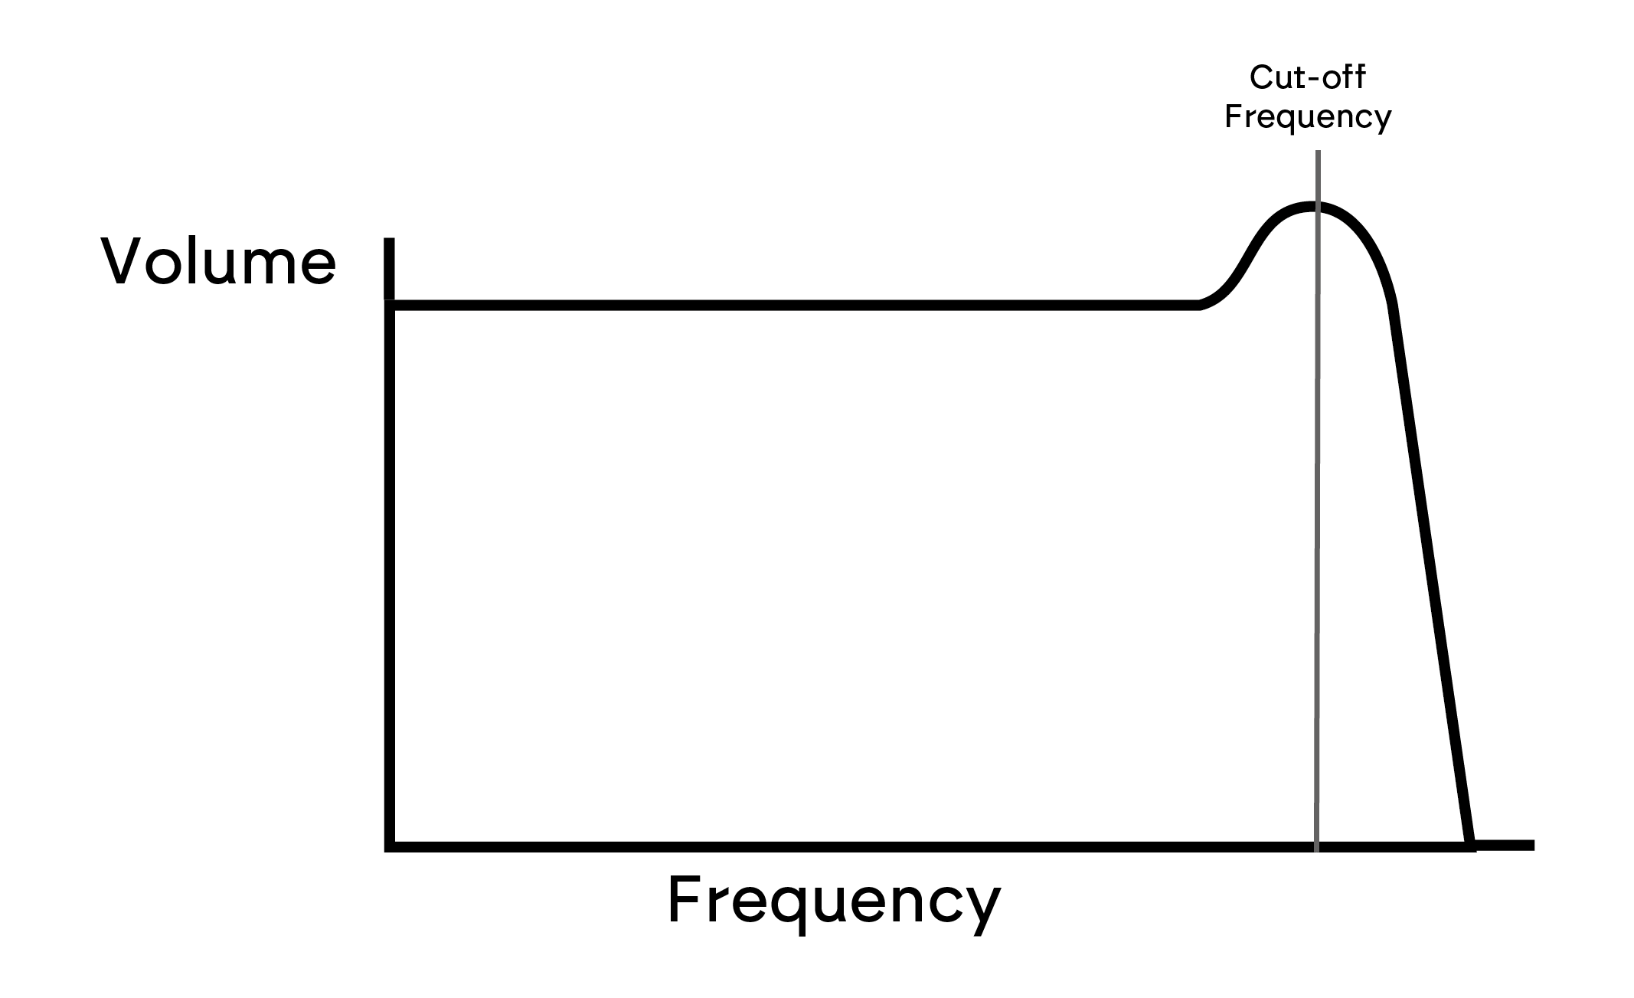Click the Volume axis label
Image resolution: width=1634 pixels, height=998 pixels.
pos(218,262)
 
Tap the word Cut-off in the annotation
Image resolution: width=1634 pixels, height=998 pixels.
pos(1308,77)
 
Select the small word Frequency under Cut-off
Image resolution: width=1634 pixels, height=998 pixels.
pos(1308,117)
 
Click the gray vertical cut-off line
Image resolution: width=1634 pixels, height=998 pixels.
pos(1317,501)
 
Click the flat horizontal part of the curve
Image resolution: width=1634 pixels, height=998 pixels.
pos(795,306)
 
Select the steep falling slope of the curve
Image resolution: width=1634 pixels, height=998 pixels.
pos(1430,574)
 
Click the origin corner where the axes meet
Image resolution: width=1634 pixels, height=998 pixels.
pos(390,846)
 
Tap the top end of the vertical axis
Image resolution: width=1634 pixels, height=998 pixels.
pos(389,240)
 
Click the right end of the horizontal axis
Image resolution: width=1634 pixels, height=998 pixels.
pos(1533,846)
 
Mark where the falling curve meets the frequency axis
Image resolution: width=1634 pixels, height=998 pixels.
pos(1469,846)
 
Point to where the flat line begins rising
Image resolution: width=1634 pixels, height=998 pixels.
pos(1200,306)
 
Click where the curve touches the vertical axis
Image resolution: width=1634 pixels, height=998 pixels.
pos(390,306)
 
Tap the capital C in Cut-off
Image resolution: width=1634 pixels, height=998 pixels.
pos(1261,77)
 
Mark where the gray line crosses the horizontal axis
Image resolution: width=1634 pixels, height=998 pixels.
pos(1317,846)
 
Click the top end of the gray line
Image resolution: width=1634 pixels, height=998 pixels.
pos(1318,152)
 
